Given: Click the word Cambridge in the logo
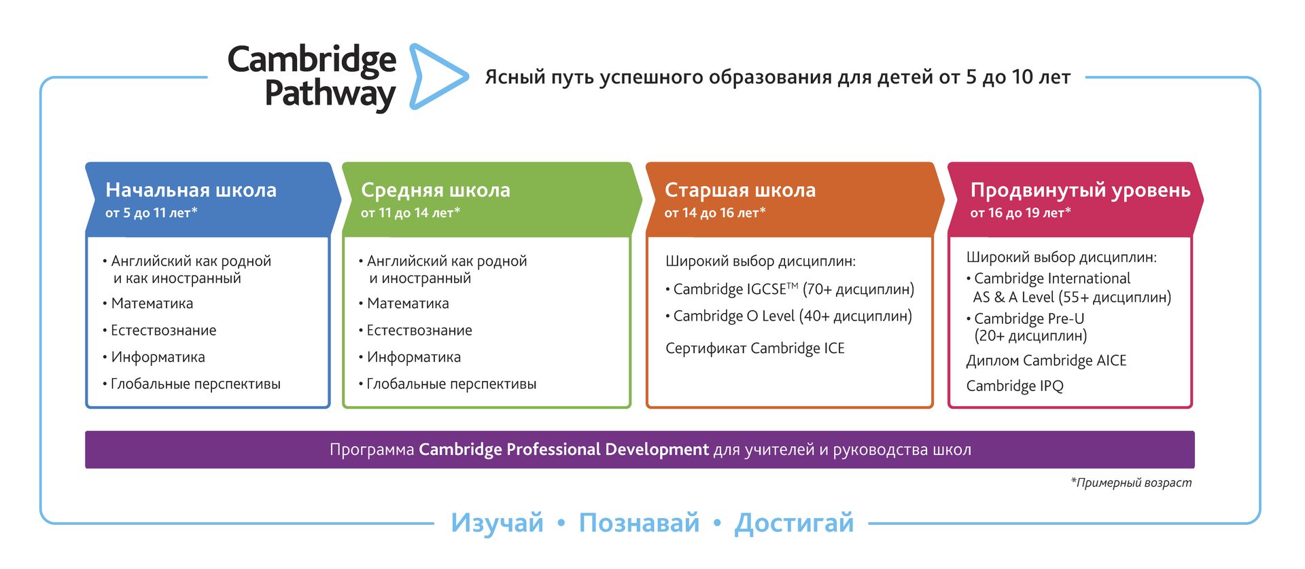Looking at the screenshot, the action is click(312, 60).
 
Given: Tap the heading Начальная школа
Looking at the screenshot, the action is click(191, 190).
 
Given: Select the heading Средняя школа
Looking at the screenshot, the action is click(436, 190).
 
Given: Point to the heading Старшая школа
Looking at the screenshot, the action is click(740, 190).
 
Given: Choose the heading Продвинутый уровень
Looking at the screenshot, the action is click(1081, 190).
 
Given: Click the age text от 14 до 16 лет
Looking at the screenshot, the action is click(715, 213).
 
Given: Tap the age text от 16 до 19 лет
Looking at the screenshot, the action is click(1021, 213).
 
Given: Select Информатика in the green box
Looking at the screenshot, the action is click(410, 357).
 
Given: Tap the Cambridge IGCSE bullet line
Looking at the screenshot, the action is click(790, 289).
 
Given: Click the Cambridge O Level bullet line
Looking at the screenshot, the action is click(788, 316).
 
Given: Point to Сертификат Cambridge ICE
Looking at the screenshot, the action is click(755, 348).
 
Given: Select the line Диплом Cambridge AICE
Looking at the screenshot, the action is click(1047, 361).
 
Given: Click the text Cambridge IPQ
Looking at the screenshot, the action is click(1015, 386).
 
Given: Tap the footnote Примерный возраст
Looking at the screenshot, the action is click(1131, 483).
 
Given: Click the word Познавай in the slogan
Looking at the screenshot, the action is click(639, 523).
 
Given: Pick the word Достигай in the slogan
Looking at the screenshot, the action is click(794, 524).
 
